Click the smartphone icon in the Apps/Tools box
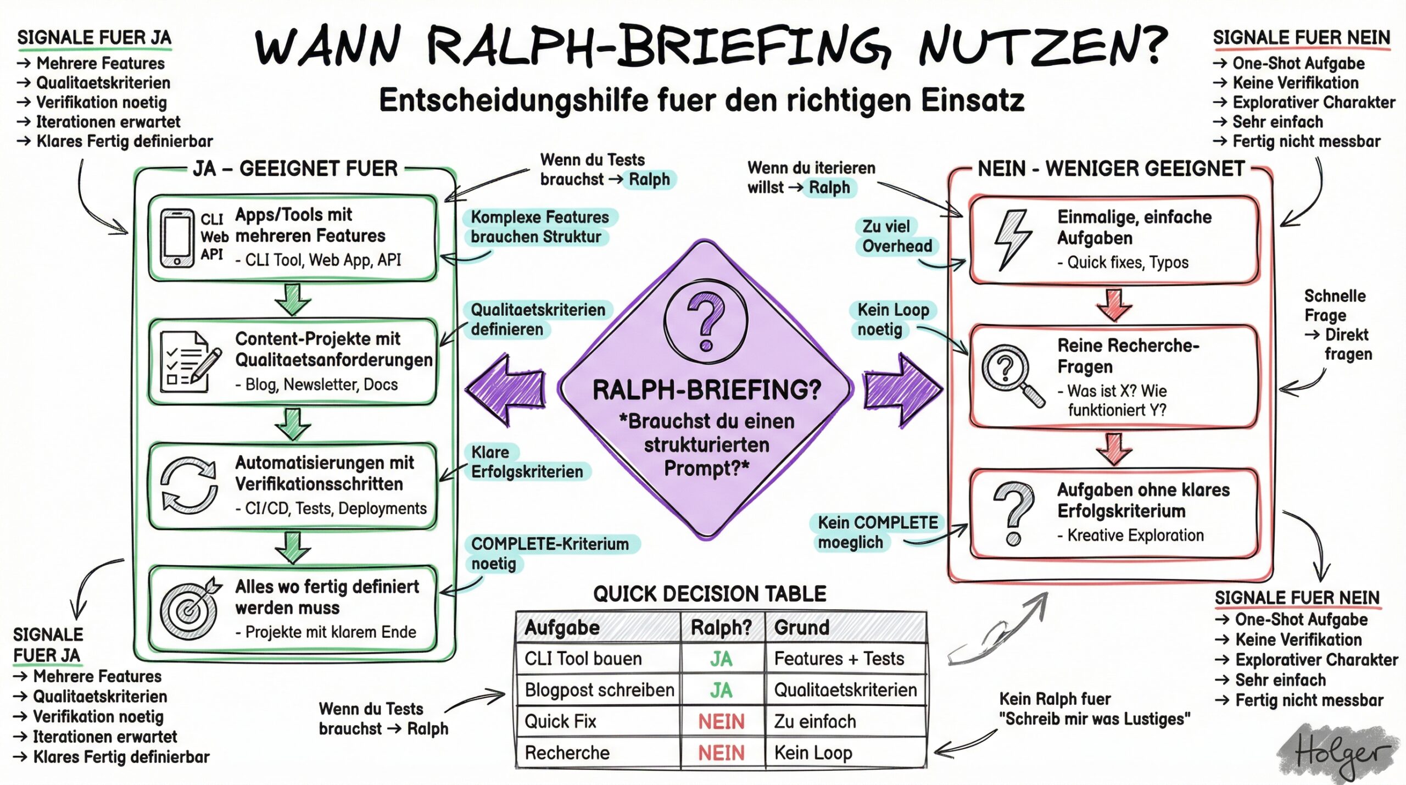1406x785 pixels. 177,238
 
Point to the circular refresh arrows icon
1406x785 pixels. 188,485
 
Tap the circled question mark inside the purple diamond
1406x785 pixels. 706,321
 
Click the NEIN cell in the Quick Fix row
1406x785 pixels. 721,721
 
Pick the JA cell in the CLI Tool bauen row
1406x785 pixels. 721,659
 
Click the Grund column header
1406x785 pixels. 802,627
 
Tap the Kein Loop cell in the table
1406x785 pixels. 813,753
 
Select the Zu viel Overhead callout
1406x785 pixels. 896,236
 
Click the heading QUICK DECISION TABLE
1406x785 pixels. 709,594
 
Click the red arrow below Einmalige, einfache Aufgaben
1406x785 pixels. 1113,305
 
